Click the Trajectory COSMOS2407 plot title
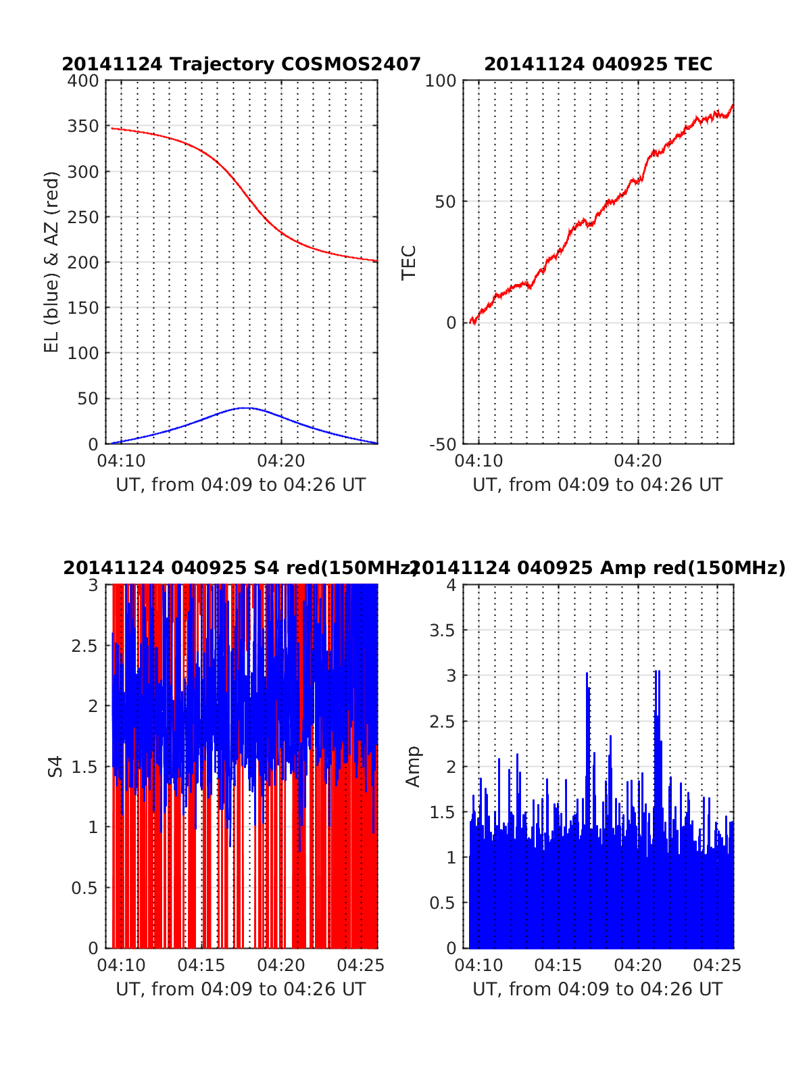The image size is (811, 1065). [241, 64]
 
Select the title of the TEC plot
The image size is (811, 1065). [598, 64]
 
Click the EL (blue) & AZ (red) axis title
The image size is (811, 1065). [52, 262]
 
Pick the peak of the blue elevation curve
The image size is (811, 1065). [245, 408]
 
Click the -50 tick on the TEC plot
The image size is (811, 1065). [443, 444]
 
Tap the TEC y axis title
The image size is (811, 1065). [409, 262]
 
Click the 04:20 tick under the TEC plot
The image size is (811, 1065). [638, 461]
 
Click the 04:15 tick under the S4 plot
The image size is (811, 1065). [201, 966]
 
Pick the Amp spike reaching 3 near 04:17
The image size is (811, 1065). [587, 673]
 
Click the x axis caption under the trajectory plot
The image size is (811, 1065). [241, 485]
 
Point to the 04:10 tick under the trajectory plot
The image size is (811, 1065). [122, 461]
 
